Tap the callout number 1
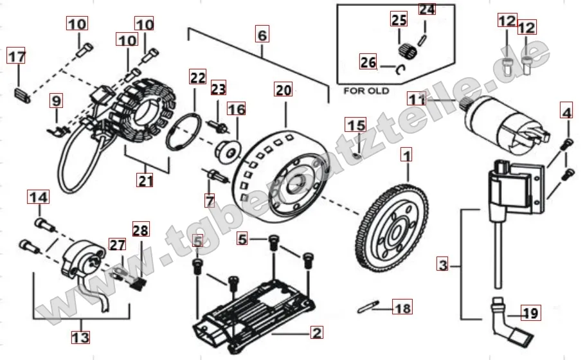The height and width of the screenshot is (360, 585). (406, 155)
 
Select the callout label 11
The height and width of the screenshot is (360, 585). (417, 100)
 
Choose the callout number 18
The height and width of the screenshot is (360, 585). (402, 308)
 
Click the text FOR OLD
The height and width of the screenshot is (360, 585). (366, 91)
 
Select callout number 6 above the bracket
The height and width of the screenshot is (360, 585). (261, 34)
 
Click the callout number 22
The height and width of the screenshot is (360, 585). (197, 79)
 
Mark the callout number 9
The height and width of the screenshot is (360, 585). (57, 100)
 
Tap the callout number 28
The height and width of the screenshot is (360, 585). (139, 230)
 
